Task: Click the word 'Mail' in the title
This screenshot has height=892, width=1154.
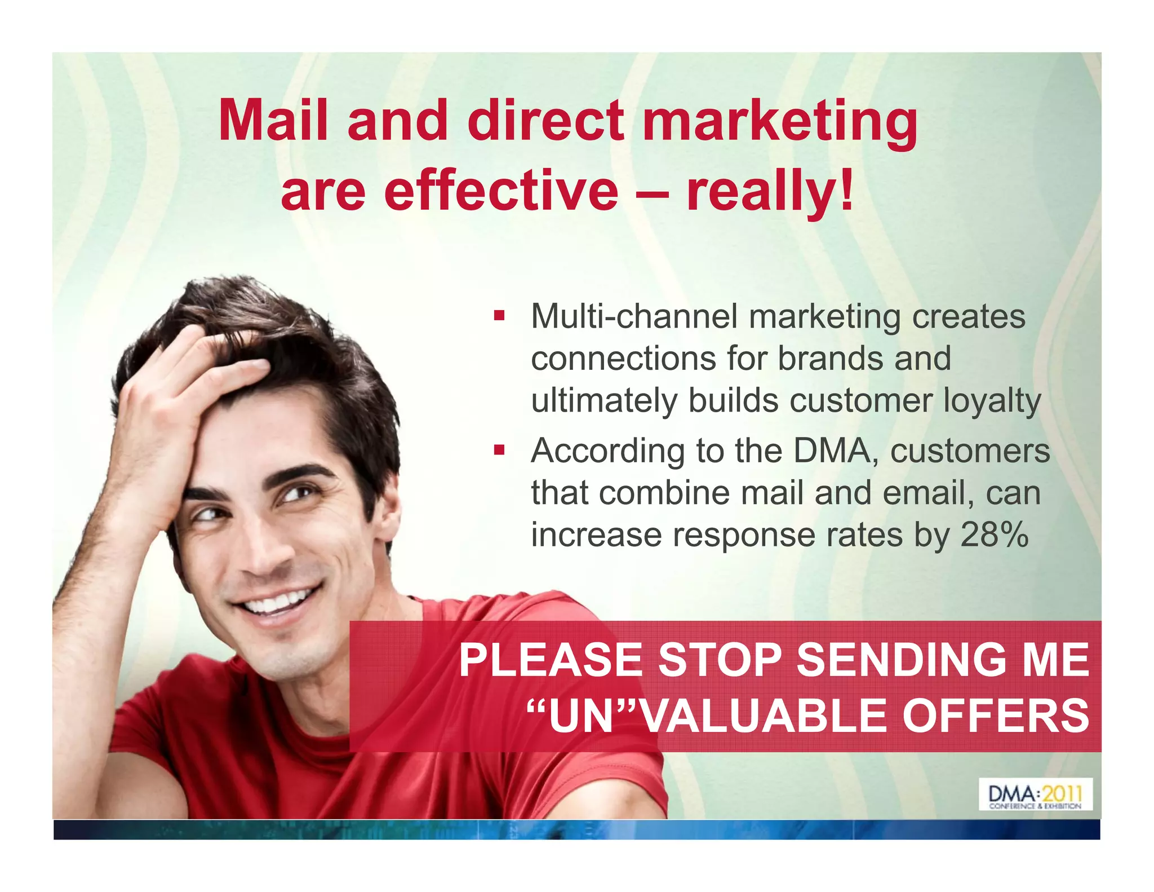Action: [x=273, y=120]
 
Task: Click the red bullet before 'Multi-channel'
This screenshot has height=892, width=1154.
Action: [x=499, y=315]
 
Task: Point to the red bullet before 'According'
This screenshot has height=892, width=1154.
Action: [x=499, y=450]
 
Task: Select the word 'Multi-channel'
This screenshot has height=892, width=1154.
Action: [x=634, y=316]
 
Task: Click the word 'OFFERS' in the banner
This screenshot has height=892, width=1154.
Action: [x=995, y=716]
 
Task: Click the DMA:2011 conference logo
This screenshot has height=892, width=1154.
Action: [x=1035, y=794]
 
